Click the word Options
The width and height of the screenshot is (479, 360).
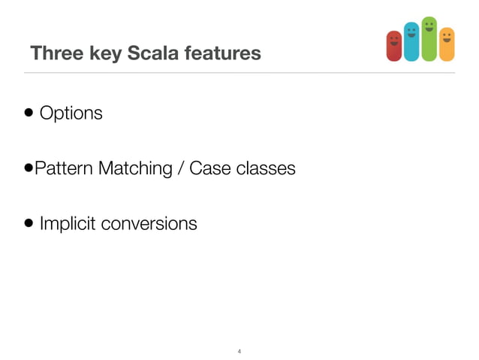click(x=71, y=114)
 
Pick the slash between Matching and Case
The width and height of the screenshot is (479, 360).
click(x=181, y=168)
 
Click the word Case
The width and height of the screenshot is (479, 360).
click(x=208, y=168)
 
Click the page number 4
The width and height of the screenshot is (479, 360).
click(x=239, y=351)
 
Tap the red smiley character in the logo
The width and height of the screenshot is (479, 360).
click(x=393, y=46)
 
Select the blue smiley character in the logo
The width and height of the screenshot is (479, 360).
click(x=411, y=41)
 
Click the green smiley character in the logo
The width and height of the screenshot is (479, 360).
click(x=429, y=38)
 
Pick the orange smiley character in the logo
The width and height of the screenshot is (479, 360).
click(x=447, y=44)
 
